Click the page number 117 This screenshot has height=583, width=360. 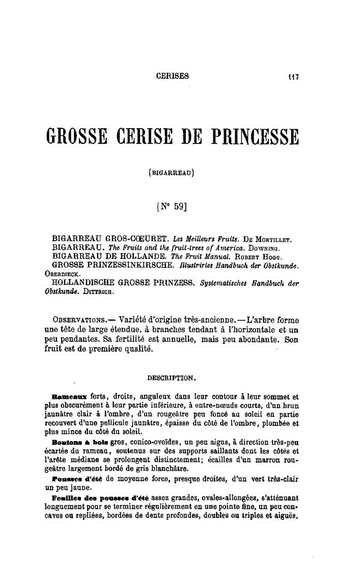(x=291, y=77)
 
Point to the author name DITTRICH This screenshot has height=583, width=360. (x=100, y=293)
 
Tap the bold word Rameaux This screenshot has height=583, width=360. (x=70, y=395)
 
